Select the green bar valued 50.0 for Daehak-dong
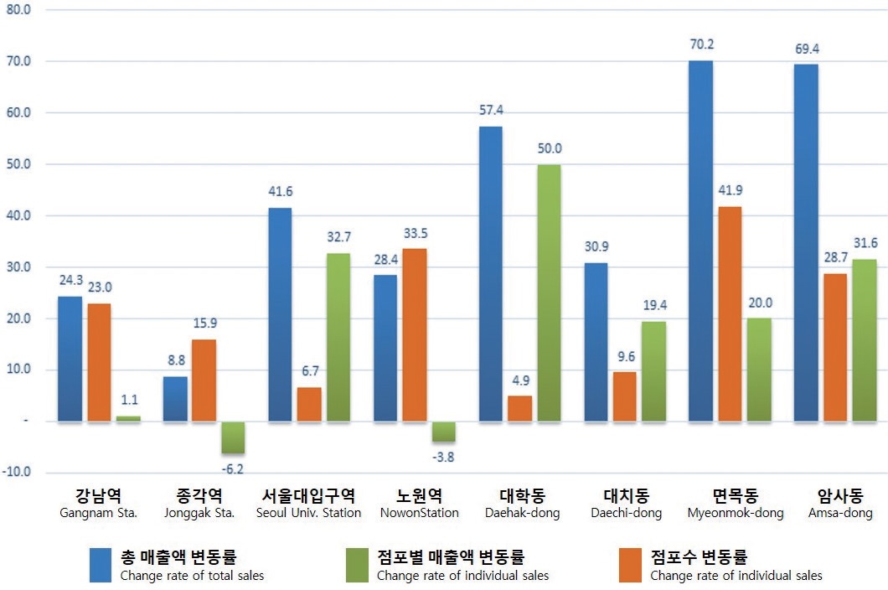click(x=550, y=292)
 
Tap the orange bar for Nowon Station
click(x=415, y=334)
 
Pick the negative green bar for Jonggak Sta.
click(x=234, y=437)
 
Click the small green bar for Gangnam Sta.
click(x=128, y=417)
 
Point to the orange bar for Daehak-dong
click(x=519, y=408)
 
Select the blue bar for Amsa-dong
click(x=806, y=242)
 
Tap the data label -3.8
click(x=444, y=458)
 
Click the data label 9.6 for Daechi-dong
click(x=625, y=356)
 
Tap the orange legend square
click(x=631, y=564)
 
